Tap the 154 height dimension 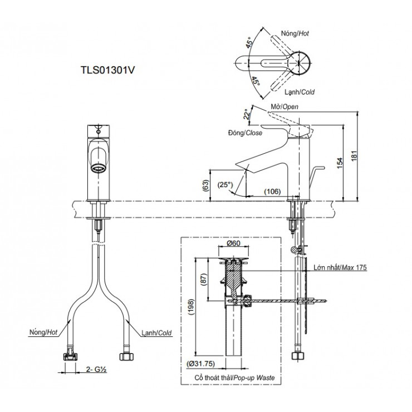(x=339, y=160)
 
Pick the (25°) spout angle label (x=226, y=184)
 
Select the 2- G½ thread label (x=95, y=369)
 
